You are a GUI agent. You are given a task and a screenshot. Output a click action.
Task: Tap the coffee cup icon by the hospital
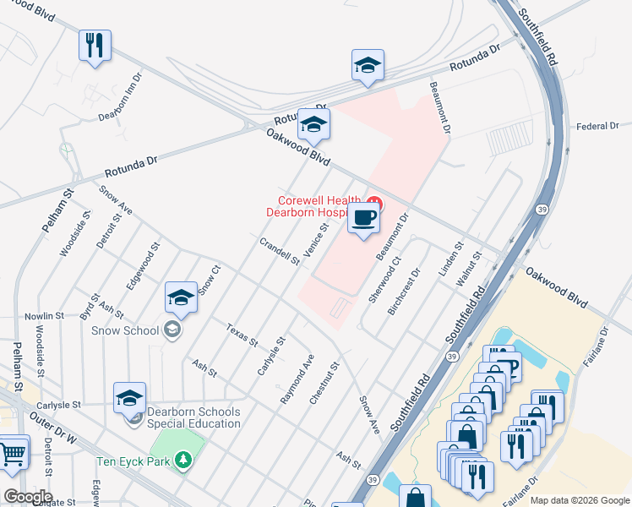click(x=363, y=218)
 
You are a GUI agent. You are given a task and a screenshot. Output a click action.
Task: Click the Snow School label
click(x=125, y=330)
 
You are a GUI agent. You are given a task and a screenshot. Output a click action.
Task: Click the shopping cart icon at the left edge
click(x=12, y=453)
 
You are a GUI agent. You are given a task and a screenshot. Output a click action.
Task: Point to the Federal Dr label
click(x=597, y=126)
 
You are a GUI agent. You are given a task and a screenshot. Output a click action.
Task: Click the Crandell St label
click(x=280, y=251)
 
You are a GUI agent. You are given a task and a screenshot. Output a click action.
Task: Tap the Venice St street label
click(x=315, y=242)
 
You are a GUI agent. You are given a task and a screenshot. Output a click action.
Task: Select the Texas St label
click(x=242, y=335)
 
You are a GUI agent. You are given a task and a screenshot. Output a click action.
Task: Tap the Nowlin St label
click(x=45, y=315)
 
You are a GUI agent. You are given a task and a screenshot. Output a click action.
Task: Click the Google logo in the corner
click(x=28, y=496)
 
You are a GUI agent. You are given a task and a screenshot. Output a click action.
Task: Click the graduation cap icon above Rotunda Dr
click(x=368, y=65)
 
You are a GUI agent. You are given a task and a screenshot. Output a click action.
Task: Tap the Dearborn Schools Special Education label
click(x=193, y=417)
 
